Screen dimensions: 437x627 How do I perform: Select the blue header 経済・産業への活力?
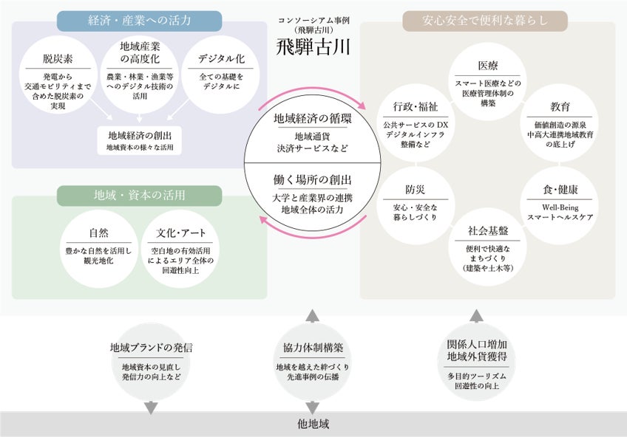139,21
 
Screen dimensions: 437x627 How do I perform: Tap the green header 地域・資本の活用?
139,196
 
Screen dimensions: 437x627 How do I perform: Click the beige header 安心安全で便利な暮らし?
485,21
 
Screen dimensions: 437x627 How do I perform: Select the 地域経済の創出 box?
139,135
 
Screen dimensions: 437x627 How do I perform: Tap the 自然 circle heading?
98,233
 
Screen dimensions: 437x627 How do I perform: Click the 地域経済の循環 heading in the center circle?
313,119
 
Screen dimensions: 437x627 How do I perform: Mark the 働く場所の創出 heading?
313,180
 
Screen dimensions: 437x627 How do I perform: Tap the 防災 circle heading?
415,189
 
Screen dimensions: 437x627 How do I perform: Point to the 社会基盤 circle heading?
487,230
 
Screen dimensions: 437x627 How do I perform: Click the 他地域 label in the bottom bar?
313,424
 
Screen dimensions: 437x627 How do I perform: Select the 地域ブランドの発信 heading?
152,347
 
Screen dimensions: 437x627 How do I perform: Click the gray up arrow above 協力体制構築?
313,317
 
